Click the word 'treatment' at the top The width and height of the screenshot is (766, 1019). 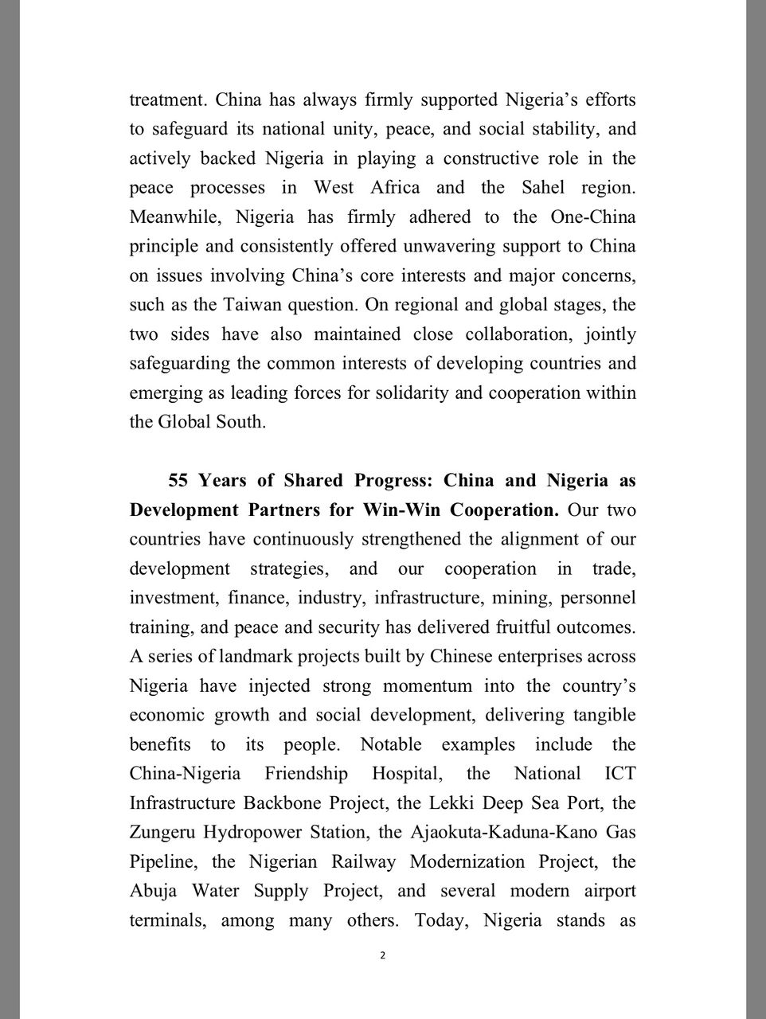point(166,100)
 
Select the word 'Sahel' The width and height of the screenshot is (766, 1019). point(547,187)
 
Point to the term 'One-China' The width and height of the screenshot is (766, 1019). point(593,217)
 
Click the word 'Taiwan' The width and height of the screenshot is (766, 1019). point(251,304)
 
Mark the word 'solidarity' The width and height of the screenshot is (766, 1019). point(415,392)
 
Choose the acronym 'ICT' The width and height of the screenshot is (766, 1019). point(619,774)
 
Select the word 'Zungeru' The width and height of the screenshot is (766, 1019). point(162,832)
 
